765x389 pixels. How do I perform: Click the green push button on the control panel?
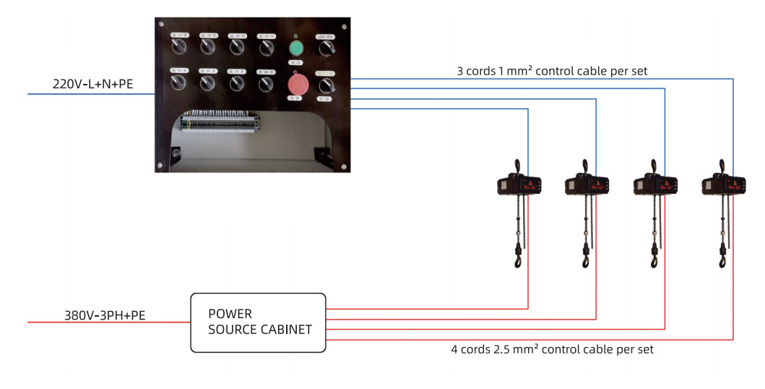click(x=295, y=48)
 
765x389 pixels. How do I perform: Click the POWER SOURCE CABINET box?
click(x=257, y=322)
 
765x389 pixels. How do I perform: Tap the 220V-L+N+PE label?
click(x=93, y=85)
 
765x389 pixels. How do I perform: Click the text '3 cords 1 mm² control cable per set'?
click(x=552, y=71)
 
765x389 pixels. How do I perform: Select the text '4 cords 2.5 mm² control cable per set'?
click(x=552, y=349)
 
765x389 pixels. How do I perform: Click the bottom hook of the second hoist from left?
click(x=586, y=259)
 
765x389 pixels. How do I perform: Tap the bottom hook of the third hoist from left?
click(x=654, y=259)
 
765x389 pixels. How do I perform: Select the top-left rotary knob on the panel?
click(x=178, y=48)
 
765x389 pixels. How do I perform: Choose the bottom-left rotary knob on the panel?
click(x=178, y=83)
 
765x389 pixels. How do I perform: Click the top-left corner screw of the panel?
click(x=162, y=23)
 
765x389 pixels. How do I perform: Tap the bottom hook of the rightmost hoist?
click(x=721, y=259)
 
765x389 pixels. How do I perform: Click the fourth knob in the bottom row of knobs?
click(x=266, y=83)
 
